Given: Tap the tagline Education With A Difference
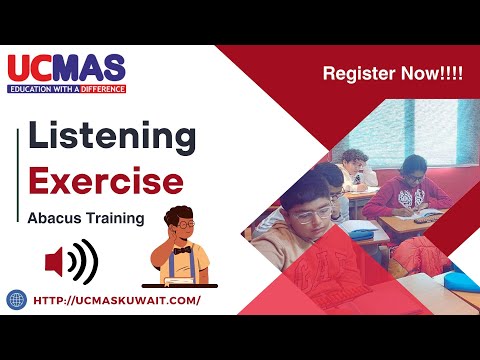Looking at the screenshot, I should pyautogui.click(x=67, y=89).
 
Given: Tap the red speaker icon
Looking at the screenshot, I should pyautogui.click(x=70, y=263).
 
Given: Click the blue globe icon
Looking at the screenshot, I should pyautogui.click(x=16, y=299).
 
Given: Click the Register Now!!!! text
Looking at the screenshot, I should pyautogui.click(x=392, y=74).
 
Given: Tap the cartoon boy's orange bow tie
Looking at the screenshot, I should pyautogui.click(x=180, y=251).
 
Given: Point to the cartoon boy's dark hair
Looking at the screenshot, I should pyautogui.click(x=178, y=213).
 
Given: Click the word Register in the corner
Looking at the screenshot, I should pyautogui.click(x=357, y=74).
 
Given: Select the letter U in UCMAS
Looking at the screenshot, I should pyautogui.click(x=21, y=69).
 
